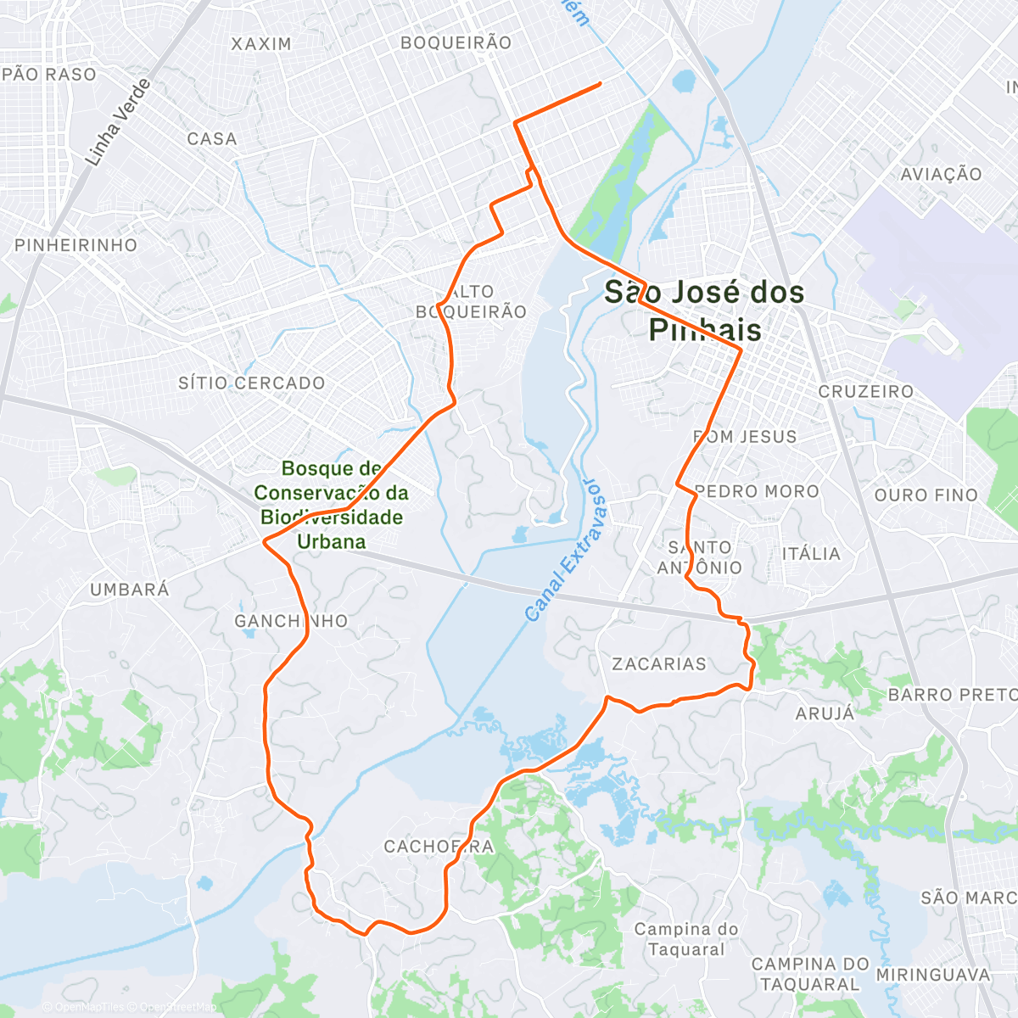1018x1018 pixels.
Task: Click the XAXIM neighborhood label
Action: click(261, 43)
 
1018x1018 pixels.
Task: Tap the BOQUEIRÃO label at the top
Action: click(456, 42)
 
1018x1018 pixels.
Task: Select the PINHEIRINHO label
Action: click(76, 245)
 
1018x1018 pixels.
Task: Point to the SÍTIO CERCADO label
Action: click(251, 383)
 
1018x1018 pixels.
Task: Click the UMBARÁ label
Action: click(130, 589)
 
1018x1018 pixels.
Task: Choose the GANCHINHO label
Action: click(291, 621)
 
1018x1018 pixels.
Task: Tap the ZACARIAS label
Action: click(659, 663)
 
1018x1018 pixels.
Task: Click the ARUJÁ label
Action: click(825, 713)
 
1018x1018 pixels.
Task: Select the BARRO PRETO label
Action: click(952, 695)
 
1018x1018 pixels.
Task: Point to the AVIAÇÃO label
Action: click(941, 174)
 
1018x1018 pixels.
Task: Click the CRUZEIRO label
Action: click(865, 391)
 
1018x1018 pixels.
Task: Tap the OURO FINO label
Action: click(926, 495)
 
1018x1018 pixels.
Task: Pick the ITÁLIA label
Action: click(811, 554)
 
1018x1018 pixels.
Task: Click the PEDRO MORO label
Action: click(757, 491)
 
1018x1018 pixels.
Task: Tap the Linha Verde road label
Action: click(118, 122)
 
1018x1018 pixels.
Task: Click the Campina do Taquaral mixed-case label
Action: click(686, 938)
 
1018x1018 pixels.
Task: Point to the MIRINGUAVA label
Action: click(933, 975)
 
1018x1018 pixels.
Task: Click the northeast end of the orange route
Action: click(600, 83)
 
